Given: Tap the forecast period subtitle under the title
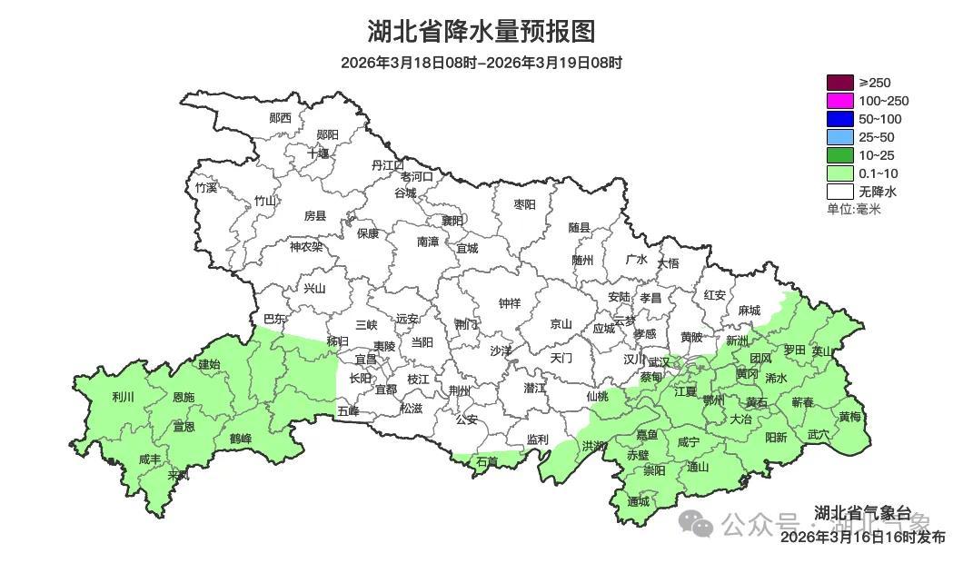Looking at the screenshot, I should (481, 63).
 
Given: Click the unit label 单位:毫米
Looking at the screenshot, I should (853, 209).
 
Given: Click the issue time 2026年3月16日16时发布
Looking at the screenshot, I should (862, 538).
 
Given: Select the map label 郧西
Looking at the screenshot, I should (281, 118).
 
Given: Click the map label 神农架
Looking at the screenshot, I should (306, 246).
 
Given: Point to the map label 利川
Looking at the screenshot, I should (123, 397).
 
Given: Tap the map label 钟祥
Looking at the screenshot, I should (510, 303).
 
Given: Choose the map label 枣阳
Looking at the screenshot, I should (524, 204).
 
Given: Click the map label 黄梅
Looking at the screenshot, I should (849, 417).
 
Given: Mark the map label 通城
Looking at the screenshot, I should (639, 501).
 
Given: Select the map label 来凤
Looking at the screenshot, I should (179, 475).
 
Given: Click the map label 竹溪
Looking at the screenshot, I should (206, 188).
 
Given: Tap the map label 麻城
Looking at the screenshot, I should (749, 310).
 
